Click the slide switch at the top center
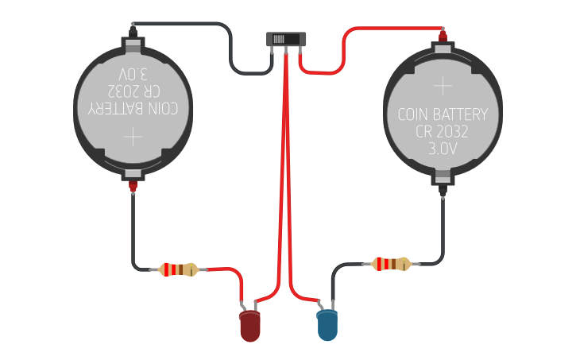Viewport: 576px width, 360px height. coord(285,39)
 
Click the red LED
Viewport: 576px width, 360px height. coord(249,326)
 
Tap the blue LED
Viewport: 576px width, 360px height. coord(327,326)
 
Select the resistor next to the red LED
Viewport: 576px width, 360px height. coord(179,269)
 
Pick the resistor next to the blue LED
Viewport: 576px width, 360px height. coord(392,264)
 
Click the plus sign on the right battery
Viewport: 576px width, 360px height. coord(443,84)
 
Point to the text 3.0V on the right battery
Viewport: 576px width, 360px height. coord(443,149)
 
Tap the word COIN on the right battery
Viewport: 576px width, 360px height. coord(414,114)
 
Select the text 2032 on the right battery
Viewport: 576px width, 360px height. coord(458,132)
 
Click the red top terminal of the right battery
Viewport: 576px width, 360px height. coord(443,35)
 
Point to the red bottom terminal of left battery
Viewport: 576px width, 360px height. coord(133,188)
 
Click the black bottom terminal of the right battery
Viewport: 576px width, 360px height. coord(443,189)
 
